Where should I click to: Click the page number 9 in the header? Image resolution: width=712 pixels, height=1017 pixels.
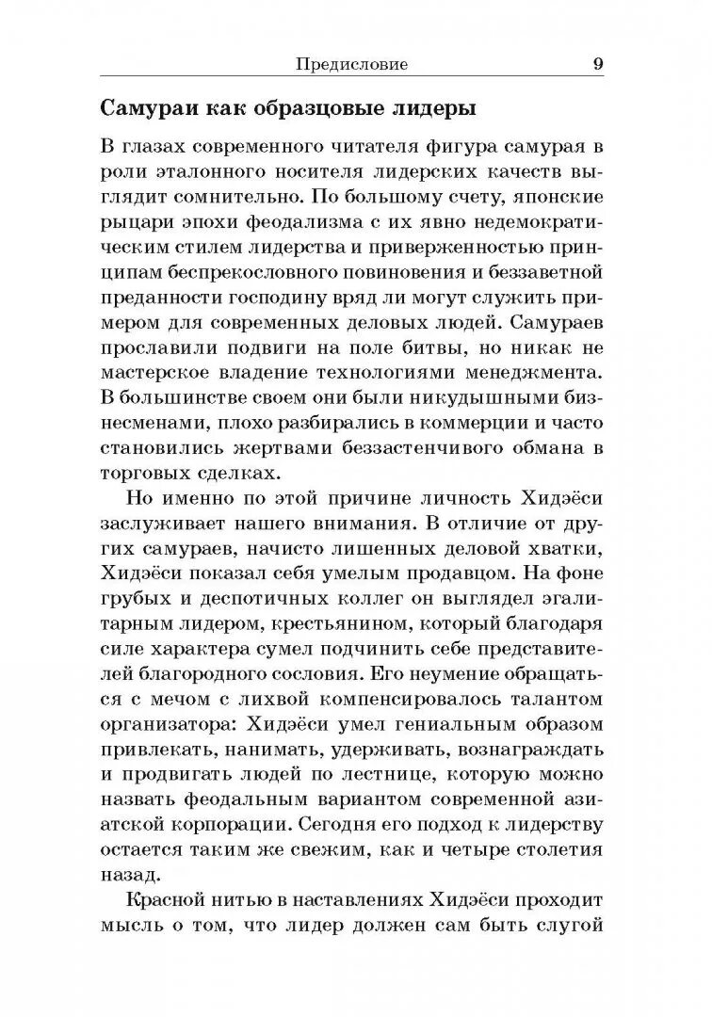click(x=599, y=65)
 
